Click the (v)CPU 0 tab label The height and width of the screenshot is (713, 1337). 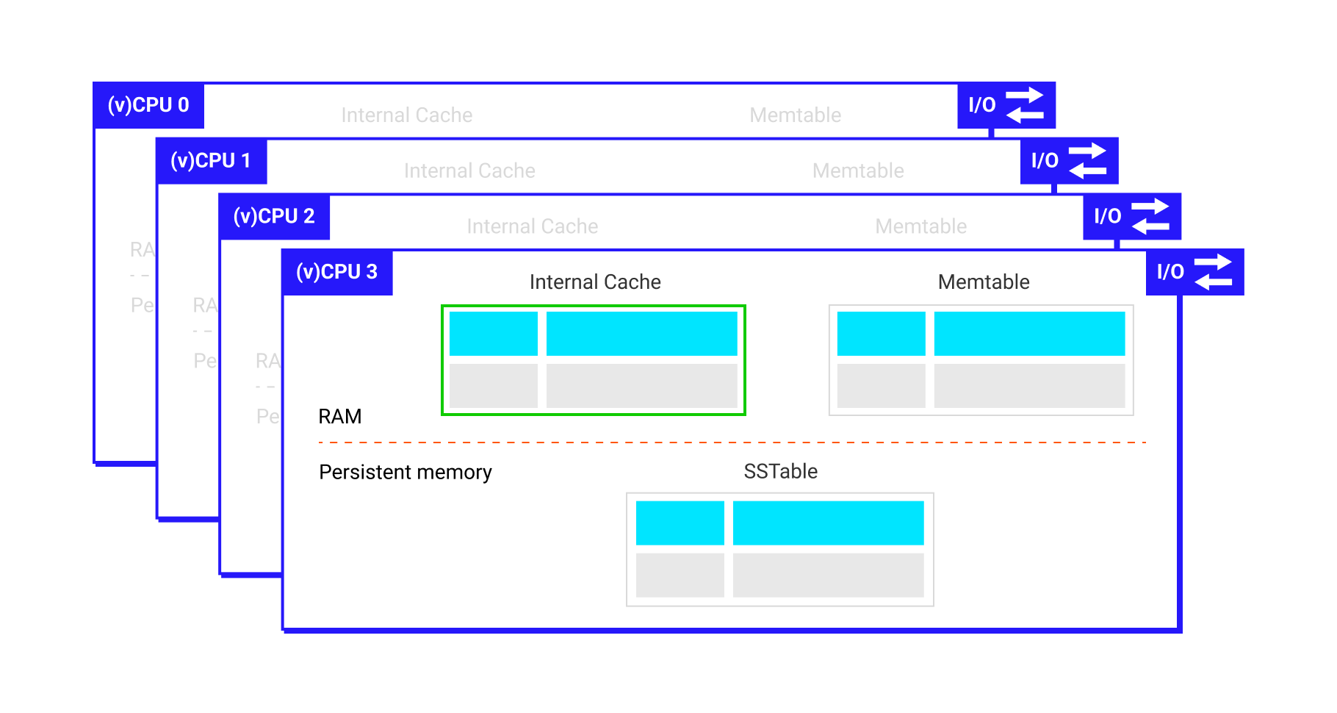tap(148, 105)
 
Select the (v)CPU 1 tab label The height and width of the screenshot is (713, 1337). tap(211, 161)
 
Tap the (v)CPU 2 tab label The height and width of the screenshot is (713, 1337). tap(274, 216)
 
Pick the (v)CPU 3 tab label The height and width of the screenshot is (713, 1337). tap(336, 272)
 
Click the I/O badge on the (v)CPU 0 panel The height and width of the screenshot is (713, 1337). tap(1006, 105)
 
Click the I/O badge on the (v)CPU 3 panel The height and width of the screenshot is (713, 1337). tap(1194, 272)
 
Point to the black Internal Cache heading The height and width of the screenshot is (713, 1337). tap(595, 282)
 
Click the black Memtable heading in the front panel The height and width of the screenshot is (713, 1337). tap(984, 282)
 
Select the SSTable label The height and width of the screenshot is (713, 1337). tap(780, 471)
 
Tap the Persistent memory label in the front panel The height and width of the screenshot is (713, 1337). tap(406, 472)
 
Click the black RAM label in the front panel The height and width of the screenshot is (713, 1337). tap(339, 417)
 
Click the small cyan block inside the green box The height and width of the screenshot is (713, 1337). tap(493, 334)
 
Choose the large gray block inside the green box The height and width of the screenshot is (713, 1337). tap(641, 386)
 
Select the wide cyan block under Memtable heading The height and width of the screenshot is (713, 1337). tap(1029, 334)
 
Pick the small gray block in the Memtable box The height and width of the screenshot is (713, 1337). tap(881, 386)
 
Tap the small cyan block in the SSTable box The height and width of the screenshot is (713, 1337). tap(680, 523)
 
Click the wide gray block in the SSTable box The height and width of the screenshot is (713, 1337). tap(828, 576)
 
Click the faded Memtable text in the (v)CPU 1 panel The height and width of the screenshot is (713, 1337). tap(858, 171)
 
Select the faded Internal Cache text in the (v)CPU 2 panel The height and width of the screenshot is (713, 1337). tap(533, 226)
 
